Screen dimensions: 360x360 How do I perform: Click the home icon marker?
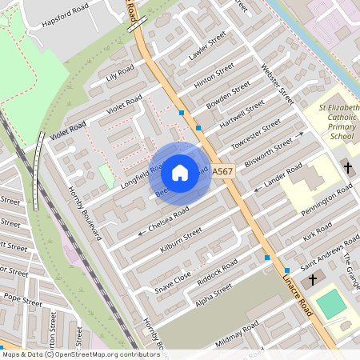180,172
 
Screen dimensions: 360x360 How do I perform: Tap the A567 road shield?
223,171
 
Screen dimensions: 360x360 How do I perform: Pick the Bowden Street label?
229,95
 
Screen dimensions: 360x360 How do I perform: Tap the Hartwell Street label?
242,115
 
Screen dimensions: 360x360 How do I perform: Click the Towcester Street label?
256,134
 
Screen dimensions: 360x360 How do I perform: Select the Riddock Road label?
217,270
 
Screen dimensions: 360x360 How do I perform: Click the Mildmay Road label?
238,335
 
